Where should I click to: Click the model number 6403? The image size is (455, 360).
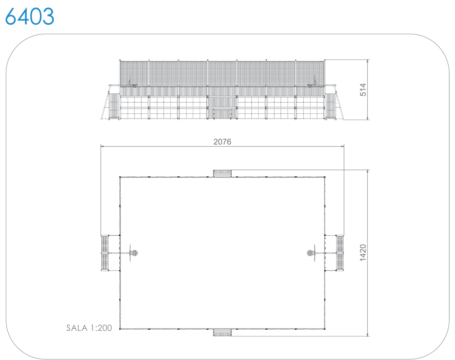click(30, 16)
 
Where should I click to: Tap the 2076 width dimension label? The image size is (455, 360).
click(222, 142)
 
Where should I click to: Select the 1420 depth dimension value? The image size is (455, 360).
click(363, 253)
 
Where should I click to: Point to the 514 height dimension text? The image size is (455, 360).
click(363, 89)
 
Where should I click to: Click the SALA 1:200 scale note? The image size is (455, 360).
click(89, 328)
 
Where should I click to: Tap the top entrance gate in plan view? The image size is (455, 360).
click(222, 173)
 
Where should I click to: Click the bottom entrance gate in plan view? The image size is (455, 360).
click(222, 333)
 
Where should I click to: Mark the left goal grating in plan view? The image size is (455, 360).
click(105, 253)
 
